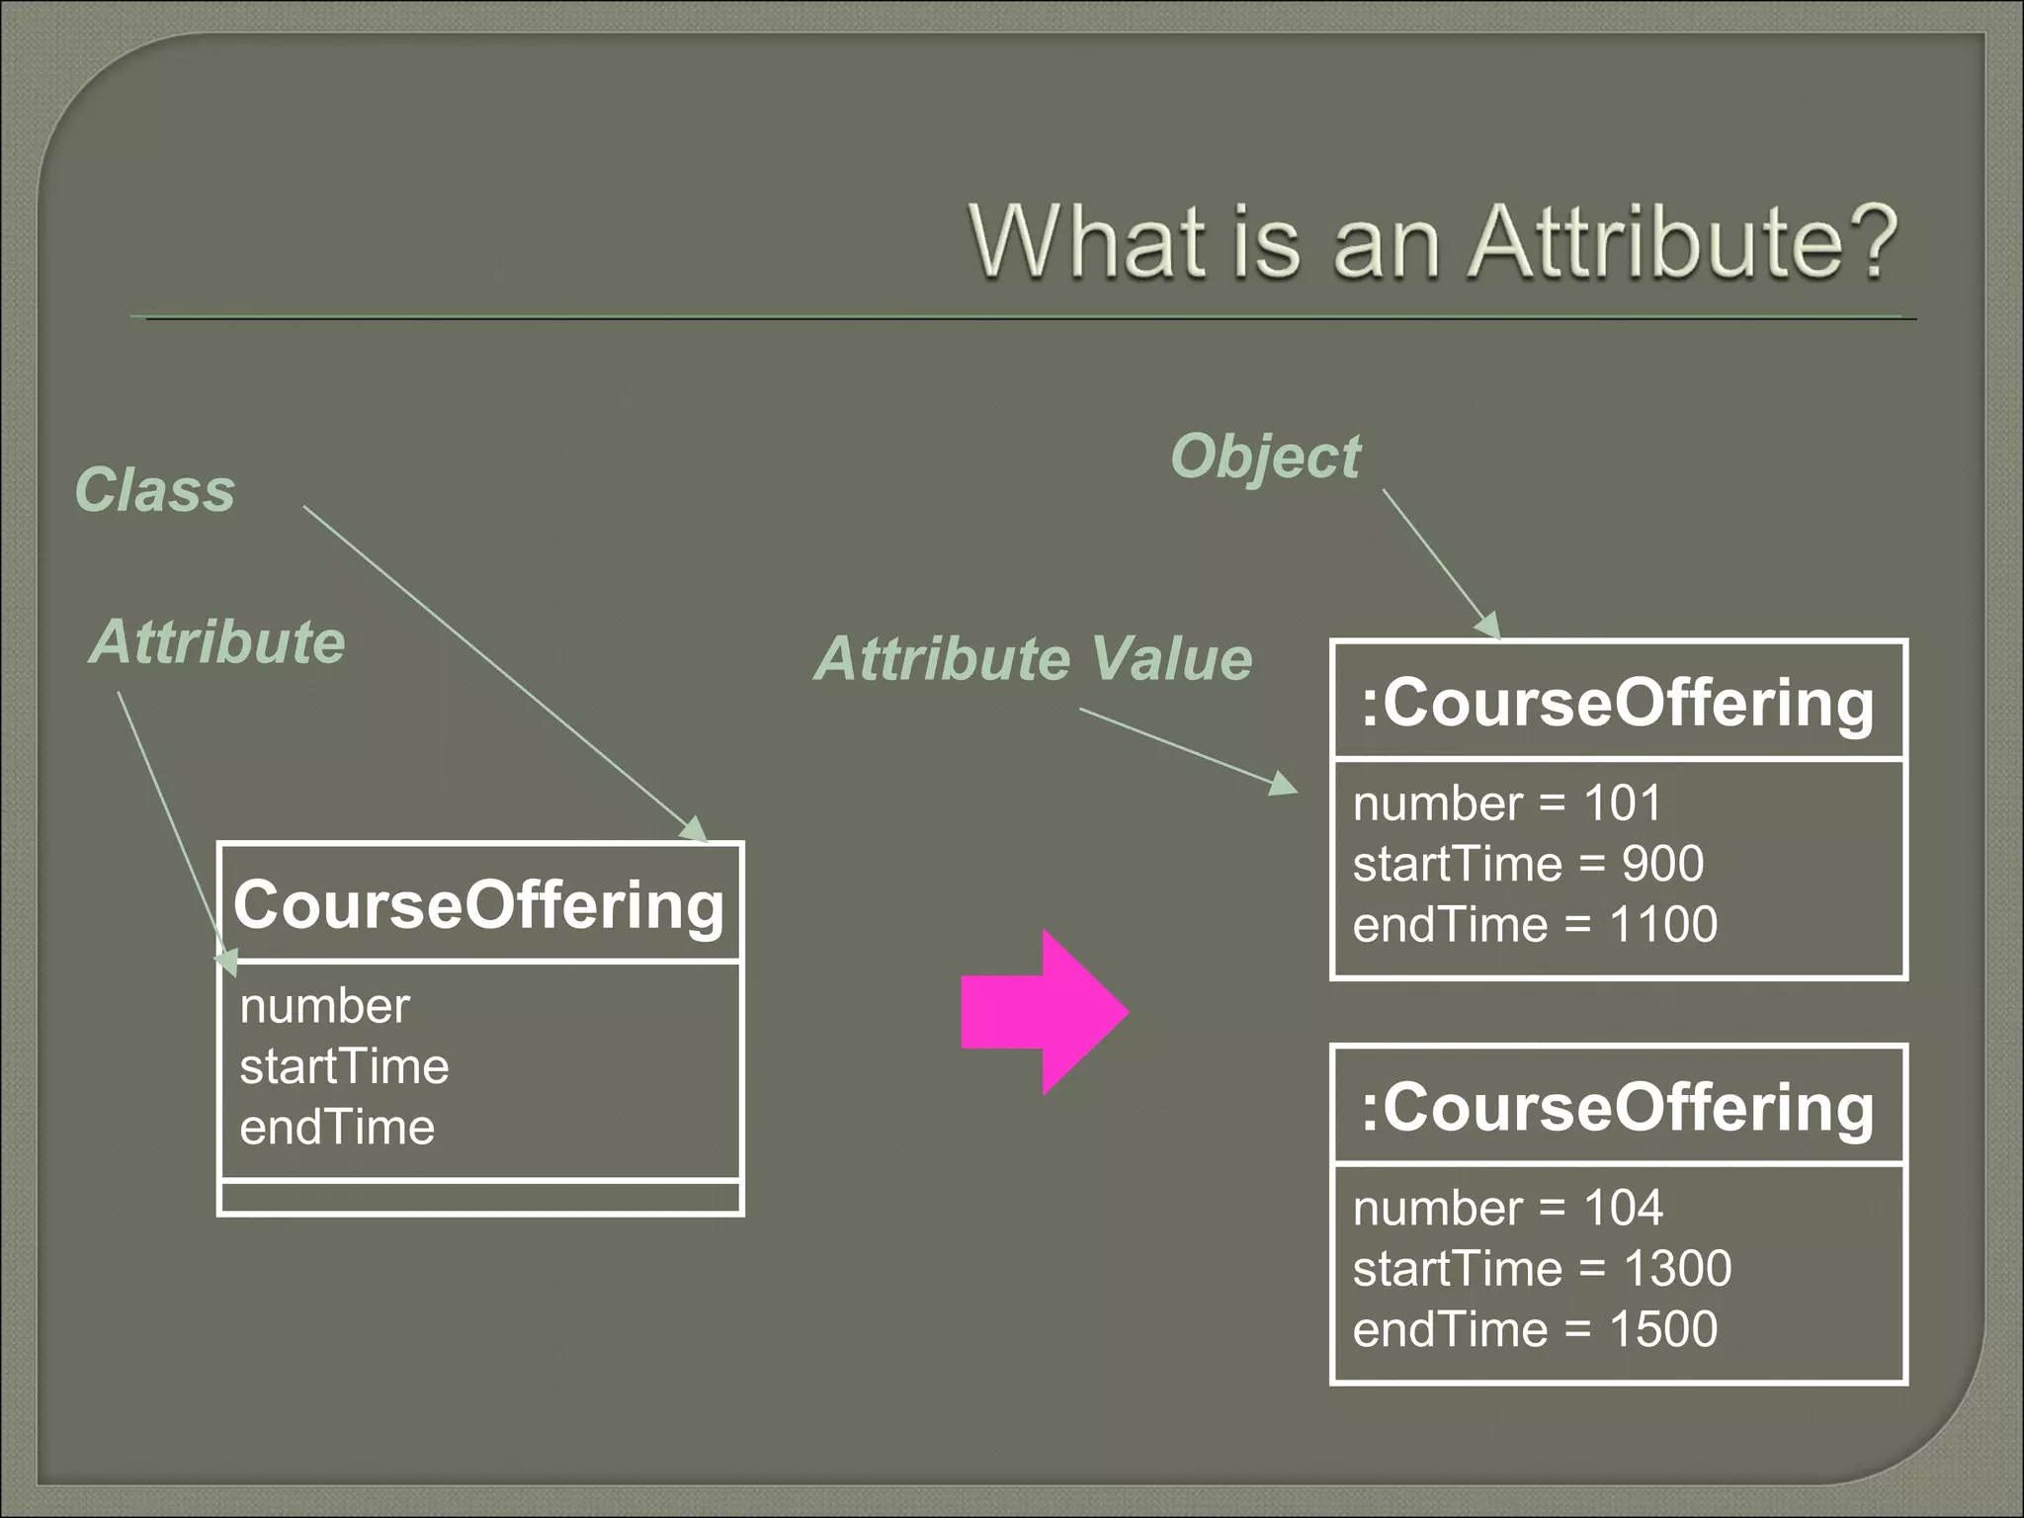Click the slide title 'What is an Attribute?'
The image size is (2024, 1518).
1433,242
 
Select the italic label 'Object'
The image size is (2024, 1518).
1265,457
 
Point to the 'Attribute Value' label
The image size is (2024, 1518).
1033,658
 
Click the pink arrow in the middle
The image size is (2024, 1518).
1044,1012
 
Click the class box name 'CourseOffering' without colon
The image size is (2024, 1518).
479,904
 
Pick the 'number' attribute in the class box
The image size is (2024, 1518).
324,1006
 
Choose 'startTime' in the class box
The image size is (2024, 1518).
344,1066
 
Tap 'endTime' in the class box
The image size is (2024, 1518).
337,1128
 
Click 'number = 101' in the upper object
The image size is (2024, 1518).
1507,802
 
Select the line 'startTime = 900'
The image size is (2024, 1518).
1528,864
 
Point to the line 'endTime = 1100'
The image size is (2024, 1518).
1535,925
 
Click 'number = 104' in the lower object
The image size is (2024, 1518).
1508,1208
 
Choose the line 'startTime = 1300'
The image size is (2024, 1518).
1542,1268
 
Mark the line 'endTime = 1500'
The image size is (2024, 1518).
1535,1329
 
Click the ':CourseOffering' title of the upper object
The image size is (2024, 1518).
1618,703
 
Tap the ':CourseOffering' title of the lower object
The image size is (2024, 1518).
1618,1107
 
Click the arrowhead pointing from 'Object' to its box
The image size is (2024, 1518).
1488,626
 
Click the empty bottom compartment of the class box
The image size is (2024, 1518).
480,1198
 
